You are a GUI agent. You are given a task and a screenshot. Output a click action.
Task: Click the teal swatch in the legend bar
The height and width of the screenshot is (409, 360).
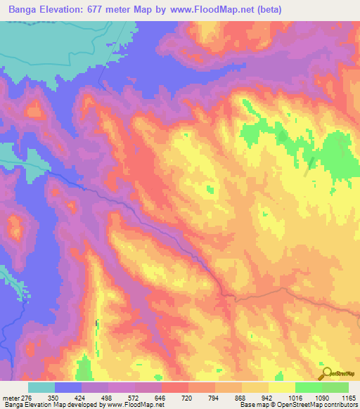[41, 387]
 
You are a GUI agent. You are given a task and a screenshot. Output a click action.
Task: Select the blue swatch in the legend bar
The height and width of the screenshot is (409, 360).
[68, 387]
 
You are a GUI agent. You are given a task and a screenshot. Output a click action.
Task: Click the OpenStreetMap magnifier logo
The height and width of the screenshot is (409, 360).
[326, 373]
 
